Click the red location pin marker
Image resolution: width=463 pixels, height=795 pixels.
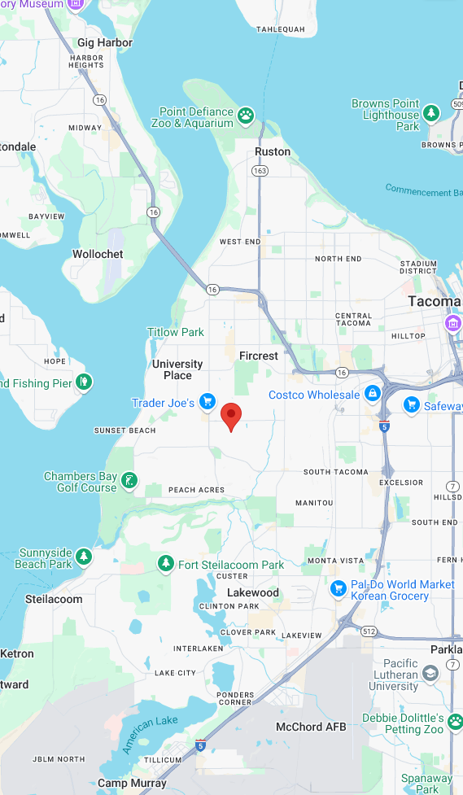(x=232, y=416)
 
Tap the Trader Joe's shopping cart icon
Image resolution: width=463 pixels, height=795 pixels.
(x=208, y=401)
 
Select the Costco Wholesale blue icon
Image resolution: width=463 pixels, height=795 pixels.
(x=373, y=394)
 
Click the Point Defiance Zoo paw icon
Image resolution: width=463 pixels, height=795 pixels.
(x=246, y=116)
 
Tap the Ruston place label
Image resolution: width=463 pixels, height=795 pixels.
(x=272, y=152)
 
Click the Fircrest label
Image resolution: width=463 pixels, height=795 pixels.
(x=259, y=356)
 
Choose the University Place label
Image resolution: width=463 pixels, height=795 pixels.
(x=177, y=369)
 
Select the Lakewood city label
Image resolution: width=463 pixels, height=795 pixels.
(x=253, y=592)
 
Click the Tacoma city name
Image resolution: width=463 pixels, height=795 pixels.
(x=434, y=302)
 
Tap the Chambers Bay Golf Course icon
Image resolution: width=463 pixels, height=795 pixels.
(x=129, y=481)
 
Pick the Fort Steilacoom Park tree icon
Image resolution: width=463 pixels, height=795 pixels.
(x=166, y=563)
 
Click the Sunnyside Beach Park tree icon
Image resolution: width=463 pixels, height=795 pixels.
(x=84, y=557)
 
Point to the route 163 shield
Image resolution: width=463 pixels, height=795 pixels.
(x=260, y=171)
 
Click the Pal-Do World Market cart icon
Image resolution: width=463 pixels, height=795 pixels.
(x=339, y=588)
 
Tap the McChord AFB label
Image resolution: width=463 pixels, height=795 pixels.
(x=310, y=727)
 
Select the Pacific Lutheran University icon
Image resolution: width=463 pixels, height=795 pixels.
(x=430, y=672)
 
